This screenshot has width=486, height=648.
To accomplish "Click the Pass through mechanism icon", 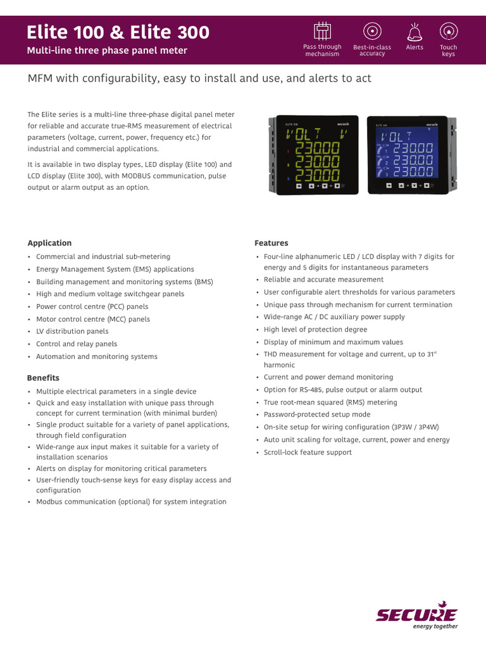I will click(322, 30).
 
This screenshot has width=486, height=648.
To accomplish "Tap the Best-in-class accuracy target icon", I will click(372, 30).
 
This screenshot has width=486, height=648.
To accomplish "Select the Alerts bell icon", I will click(414, 30).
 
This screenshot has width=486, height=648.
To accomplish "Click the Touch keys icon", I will click(448, 30).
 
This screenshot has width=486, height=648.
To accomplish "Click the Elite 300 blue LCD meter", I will click(407, 154).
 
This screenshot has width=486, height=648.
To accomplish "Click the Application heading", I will click(49, 243).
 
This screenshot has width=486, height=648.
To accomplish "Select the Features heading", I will click(271, 243).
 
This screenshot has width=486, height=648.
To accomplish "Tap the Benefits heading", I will click(43, 378).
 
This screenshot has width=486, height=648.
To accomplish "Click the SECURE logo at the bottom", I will click(416, 614).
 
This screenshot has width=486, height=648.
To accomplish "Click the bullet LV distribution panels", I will click(72, 332).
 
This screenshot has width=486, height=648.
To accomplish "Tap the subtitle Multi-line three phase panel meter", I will click(107, 51).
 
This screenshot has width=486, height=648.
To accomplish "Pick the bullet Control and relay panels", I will click(77, 344).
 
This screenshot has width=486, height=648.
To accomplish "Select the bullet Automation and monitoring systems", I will click(97, 357).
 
